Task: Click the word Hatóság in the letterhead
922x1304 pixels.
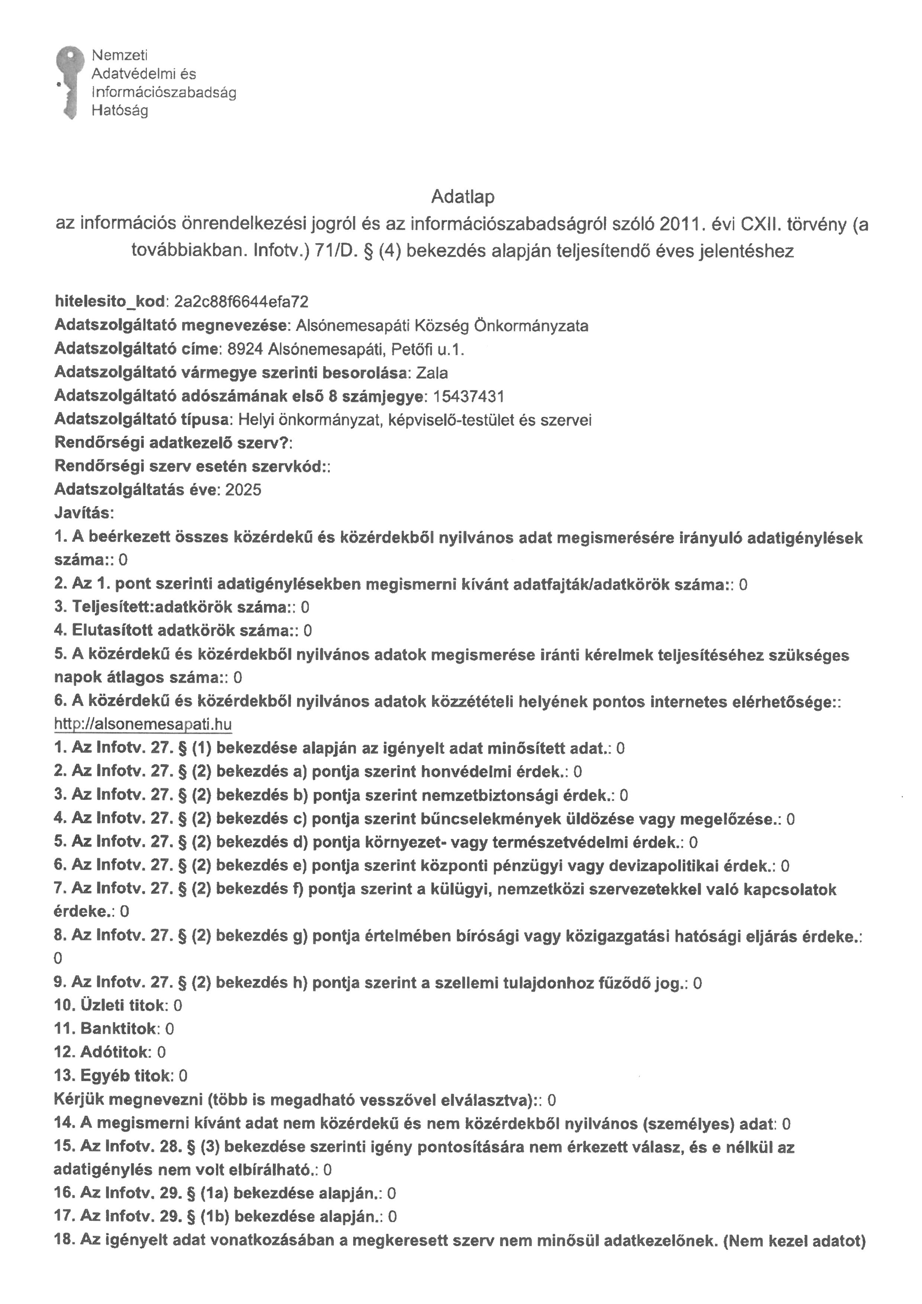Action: click(120, 111)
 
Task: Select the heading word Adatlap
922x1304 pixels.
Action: click(463, 197)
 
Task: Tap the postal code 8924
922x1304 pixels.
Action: click(245, 349)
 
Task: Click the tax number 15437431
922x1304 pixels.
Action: click(468, 396)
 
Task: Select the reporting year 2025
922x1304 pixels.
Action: click(243, 490)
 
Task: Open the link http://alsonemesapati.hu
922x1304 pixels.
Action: click(143, 724)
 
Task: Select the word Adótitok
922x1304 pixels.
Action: click(114, 1052)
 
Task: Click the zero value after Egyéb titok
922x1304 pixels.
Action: click(183, 1076)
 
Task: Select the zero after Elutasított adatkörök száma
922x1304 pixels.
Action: click(308, 631)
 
